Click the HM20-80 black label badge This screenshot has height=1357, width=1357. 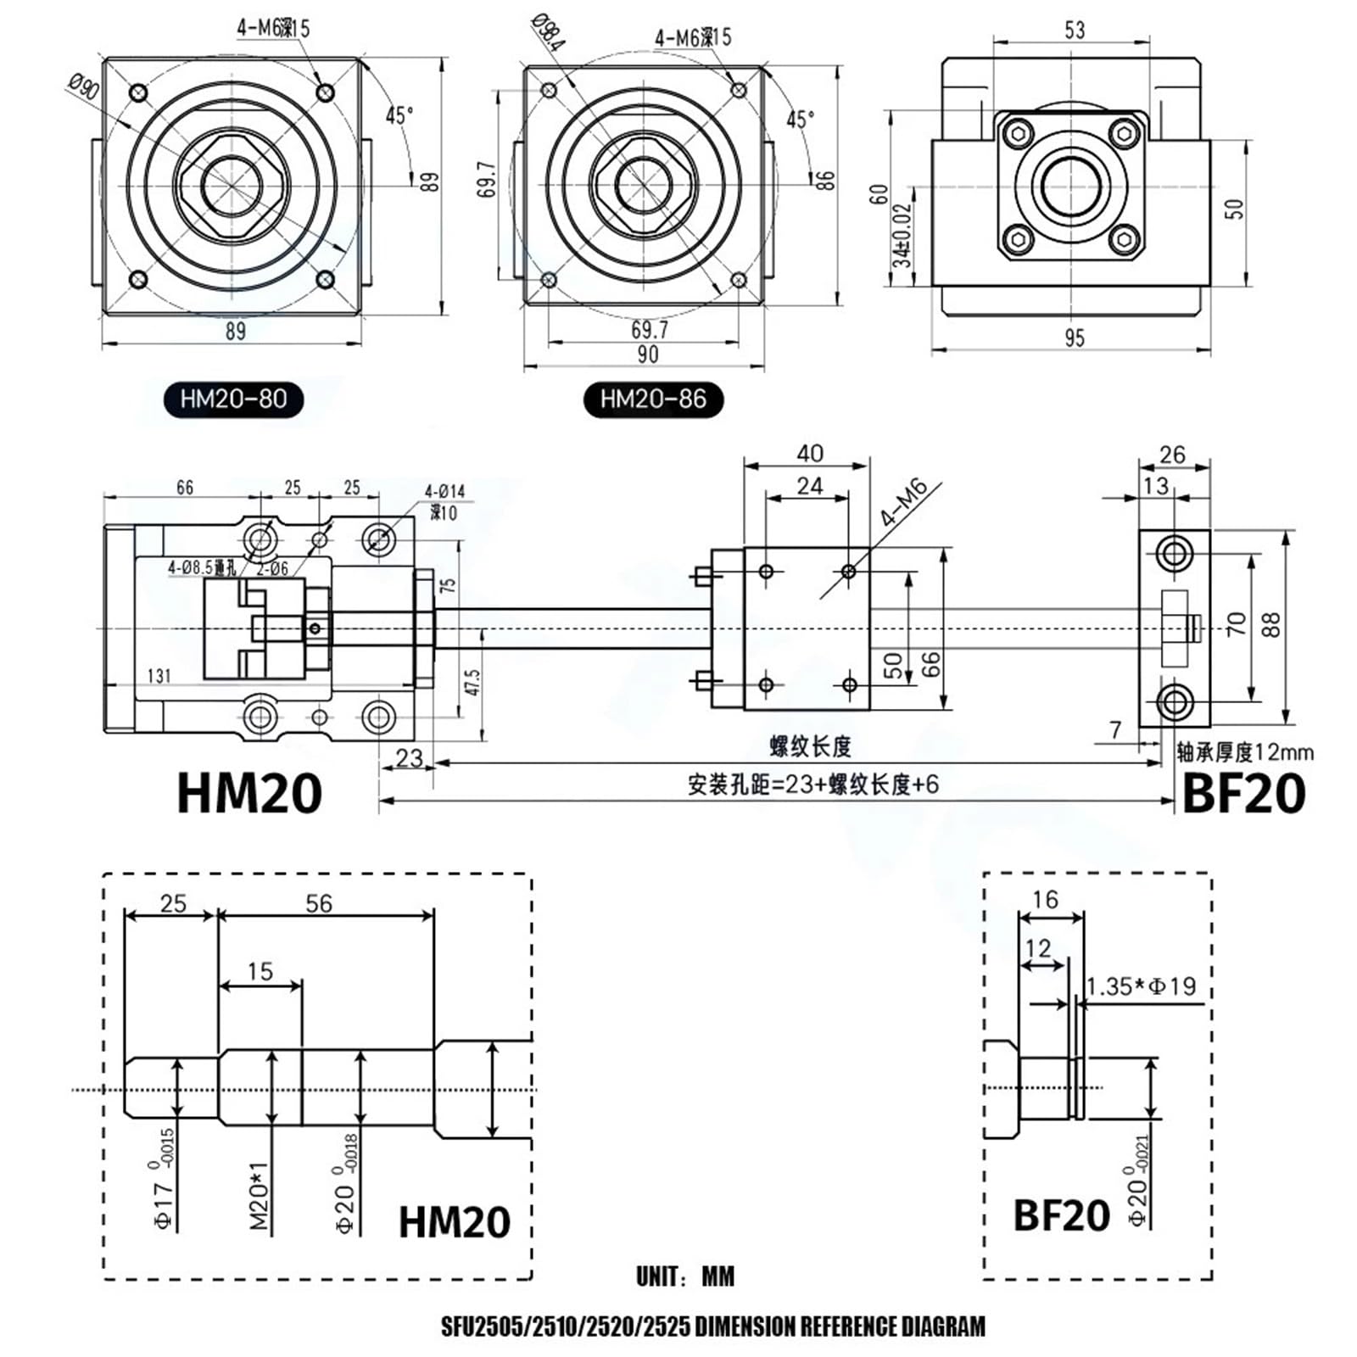coord(233,399)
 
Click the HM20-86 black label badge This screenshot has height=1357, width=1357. coord(653,399)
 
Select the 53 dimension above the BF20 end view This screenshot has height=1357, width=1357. coord(1074,31)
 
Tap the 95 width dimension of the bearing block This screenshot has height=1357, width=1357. coord(1074,338)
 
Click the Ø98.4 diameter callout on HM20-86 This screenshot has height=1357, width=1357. coord(547,33)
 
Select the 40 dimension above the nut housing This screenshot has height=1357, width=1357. coord(809,453)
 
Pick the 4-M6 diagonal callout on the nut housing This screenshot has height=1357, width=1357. coord(904,504)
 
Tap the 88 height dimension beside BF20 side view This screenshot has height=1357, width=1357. coord(1270,625)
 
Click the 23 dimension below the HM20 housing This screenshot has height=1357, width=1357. coord(409,757)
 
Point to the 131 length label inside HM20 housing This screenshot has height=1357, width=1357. coord(159,675)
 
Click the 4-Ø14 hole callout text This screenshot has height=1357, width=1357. coord(444,491)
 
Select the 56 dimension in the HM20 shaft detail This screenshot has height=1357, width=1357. coord(319,903)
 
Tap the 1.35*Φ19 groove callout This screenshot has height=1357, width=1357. coord(1141,986)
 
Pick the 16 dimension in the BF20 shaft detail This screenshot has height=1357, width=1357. coord(1046,899)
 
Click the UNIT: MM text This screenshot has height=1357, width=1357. coord(685,1276)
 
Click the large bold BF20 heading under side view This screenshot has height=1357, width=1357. coord(1243,795)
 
